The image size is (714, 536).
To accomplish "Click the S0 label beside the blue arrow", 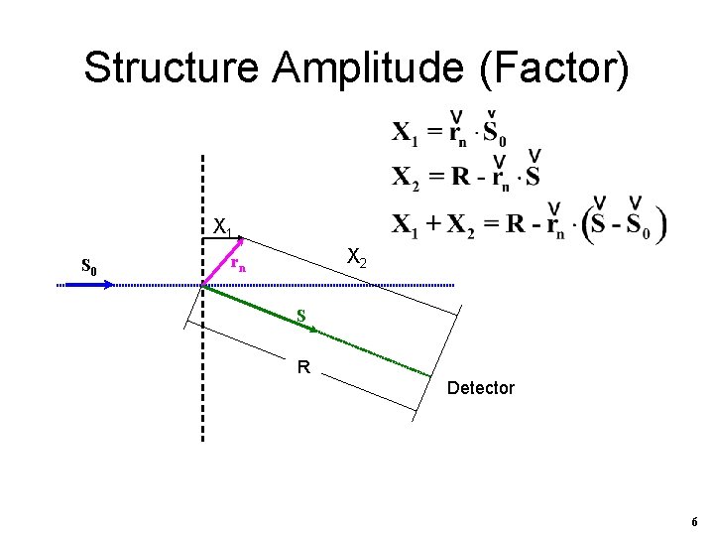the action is [x=88, y=266].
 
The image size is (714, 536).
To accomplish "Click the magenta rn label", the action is [x=238, y=265].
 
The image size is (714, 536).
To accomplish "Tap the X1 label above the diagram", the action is [x=223, y=227].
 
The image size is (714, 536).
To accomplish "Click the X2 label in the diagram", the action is [x=357, y=260].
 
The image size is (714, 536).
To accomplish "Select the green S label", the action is [x=300, y=317].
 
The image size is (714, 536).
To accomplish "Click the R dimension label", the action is [x=303, y=367].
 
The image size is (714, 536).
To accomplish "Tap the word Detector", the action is [x=481, y=388].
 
